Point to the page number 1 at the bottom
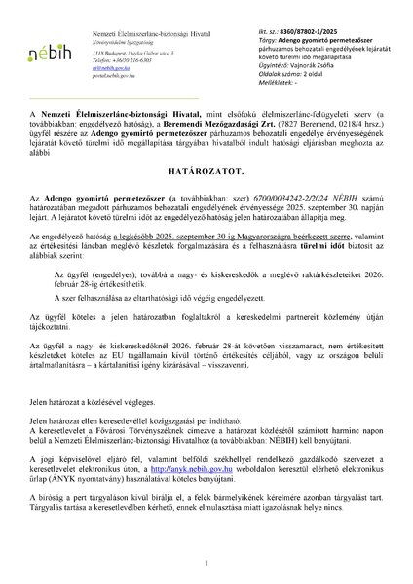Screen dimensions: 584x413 click(206, 562)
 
